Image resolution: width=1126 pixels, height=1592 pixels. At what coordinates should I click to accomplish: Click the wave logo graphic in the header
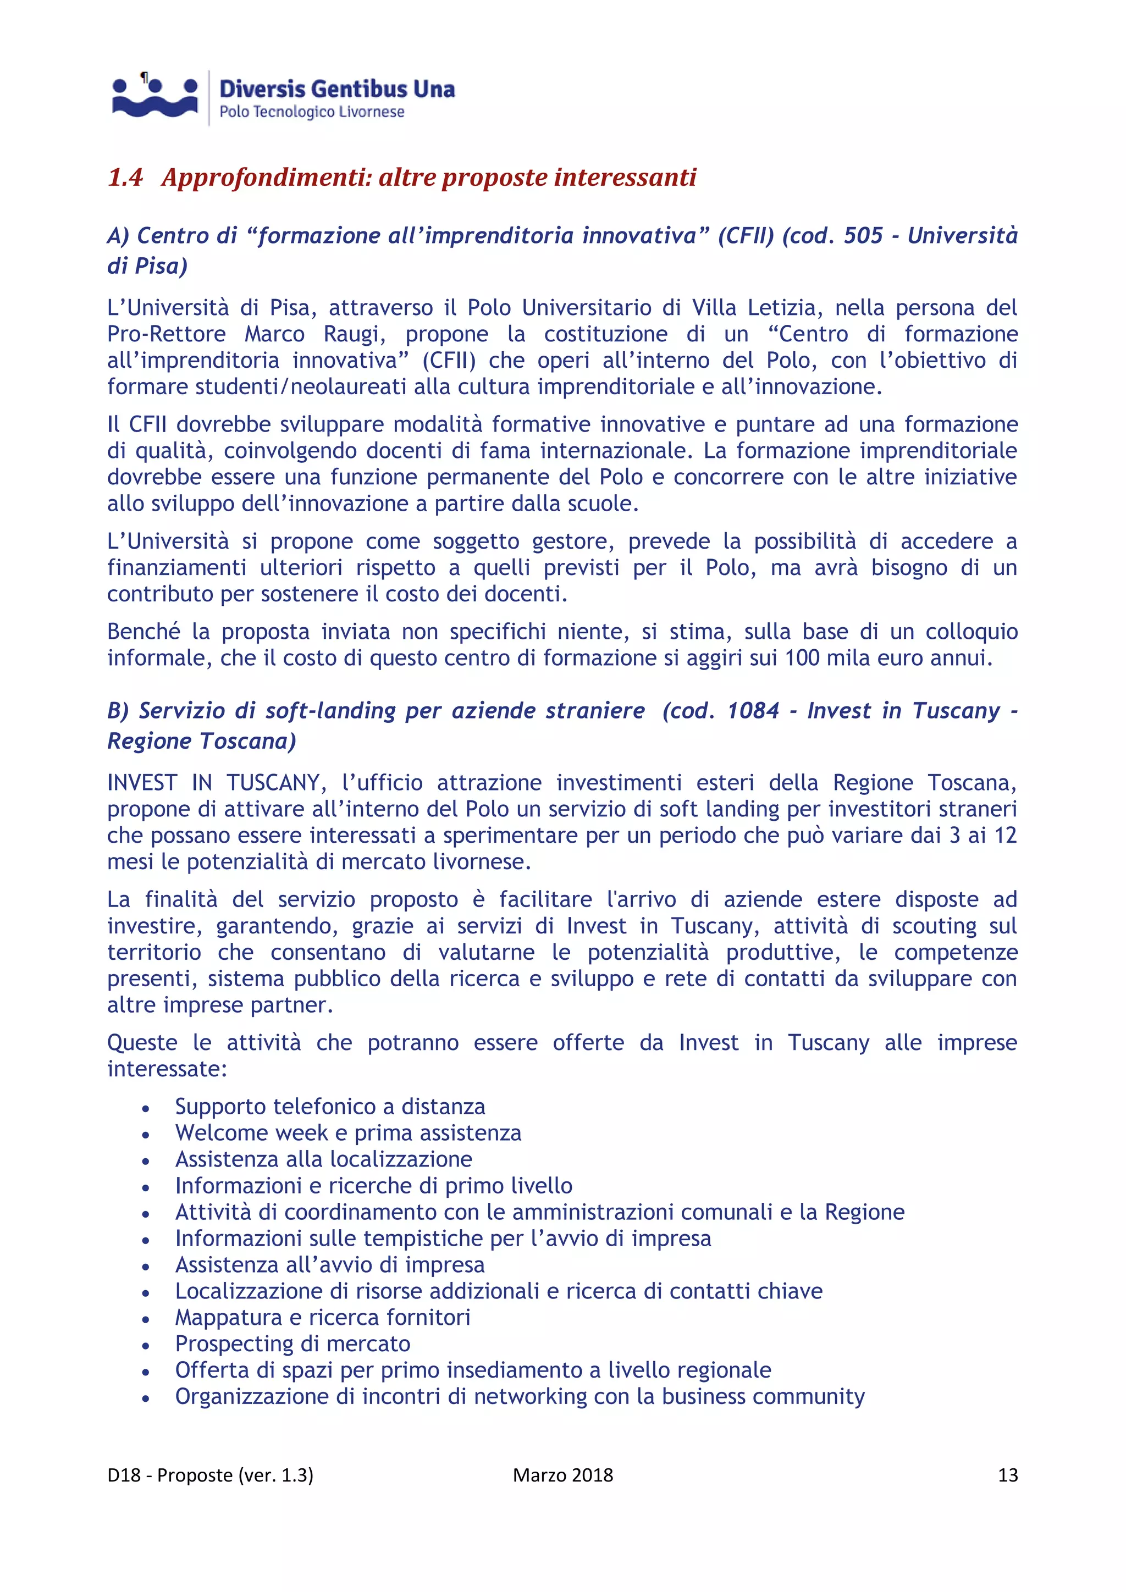pos(155,98)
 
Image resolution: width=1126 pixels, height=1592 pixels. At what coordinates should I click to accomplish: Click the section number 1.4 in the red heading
pos(125,178)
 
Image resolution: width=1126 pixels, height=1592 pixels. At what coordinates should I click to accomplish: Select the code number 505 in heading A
pos(863,236)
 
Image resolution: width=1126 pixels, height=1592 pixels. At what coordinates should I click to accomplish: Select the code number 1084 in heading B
pos(753,711)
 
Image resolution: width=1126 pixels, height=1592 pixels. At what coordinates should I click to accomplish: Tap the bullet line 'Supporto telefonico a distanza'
pos(329,1107)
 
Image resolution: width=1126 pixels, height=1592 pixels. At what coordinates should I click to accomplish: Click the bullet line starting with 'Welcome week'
pos(347,1133)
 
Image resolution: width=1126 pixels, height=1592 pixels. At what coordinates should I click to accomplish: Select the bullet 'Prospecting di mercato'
pos(292,1344)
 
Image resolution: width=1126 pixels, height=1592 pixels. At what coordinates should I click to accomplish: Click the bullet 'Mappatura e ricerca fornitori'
pos(322,1318)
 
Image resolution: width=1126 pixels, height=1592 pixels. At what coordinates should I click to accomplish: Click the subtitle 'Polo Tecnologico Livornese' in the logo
pos(311,112)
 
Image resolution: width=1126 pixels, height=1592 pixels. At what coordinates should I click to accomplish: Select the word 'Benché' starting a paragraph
pos(143,632)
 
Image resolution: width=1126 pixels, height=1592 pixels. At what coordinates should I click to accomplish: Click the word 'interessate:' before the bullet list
pos(167,1069)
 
